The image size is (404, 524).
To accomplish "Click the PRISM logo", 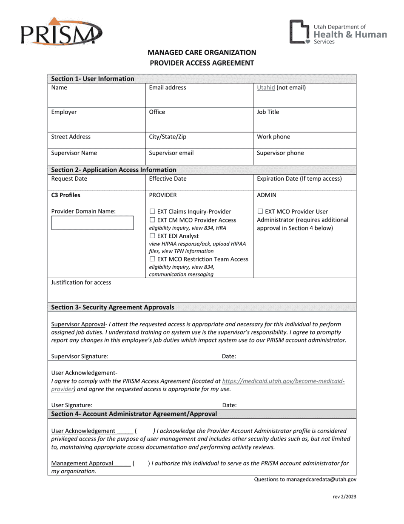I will click(x=60, y=32).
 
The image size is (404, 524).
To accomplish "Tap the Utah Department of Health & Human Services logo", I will click(x=338, y=32).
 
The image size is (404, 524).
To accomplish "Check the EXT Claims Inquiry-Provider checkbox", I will click(x=152, y=211).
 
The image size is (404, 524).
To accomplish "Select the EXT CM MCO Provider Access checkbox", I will click(x=152, y=220).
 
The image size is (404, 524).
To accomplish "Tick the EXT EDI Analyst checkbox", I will click(x=152, y=236).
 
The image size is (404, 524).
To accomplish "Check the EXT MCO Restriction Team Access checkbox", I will click(x=152, y=259).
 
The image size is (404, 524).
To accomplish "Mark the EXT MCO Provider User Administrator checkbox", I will click(x=260, y=211).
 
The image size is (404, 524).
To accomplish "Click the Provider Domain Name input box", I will click(x=92, y=223).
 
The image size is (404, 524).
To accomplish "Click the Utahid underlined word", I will click(x=266, y=88).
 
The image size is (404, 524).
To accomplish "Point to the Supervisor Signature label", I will click(x=80, y=356).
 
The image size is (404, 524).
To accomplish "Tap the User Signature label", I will click(x=71, y=406).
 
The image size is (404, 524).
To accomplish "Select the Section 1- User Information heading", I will click(x=93, y=78).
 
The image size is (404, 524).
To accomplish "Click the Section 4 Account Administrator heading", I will click(x=134, y=414).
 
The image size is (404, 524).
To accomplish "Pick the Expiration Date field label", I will click(x=299, y=179).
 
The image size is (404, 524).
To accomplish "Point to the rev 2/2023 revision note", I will click(x=344, y=496).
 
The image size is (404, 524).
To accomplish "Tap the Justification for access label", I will click(x=81, y=282).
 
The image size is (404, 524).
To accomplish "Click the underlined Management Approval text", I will click(x=82, y=463).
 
